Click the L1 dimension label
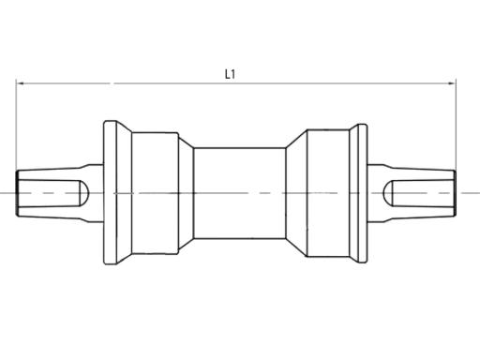coord(230,72)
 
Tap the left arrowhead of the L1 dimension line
coord(21,84)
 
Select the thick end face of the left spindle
coord(17,193)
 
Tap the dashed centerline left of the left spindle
coord(7,193)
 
